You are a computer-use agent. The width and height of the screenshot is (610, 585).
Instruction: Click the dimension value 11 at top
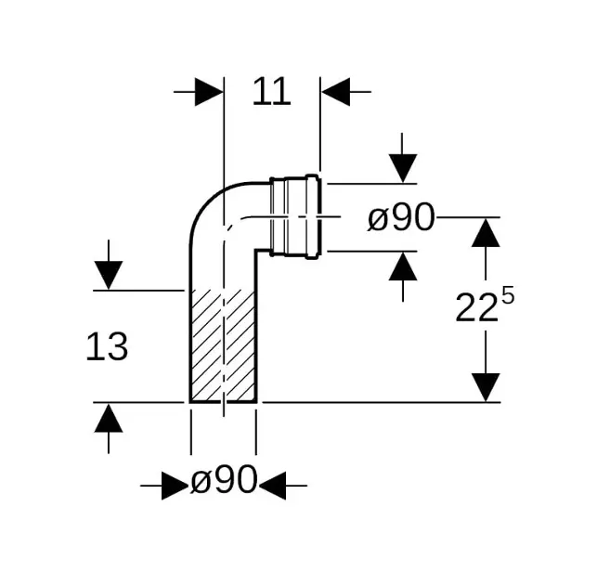(271, 92)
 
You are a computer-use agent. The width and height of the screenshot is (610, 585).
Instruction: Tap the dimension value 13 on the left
(107, 346)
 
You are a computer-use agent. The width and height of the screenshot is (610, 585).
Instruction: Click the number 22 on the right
(477, 307)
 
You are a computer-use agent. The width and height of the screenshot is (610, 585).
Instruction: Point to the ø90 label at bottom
(224, 479)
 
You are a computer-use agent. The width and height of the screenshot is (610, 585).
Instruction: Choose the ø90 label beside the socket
(401, 217)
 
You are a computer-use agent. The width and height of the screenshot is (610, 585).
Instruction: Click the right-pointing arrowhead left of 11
(209, 92)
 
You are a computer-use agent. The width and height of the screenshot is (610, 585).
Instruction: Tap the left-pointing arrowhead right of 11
(336, 92)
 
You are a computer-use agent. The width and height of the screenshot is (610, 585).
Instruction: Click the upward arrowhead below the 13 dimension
(109, 418)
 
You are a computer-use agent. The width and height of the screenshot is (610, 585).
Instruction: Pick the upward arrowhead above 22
(486, 232)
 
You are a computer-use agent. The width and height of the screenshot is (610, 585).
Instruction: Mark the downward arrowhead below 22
(486, 387)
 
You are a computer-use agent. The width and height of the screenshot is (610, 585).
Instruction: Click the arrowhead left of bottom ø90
(175, 486)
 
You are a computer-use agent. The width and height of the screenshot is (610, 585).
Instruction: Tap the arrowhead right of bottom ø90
(273, 486)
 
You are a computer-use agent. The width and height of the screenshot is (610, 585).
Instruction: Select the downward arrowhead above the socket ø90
(403, 168)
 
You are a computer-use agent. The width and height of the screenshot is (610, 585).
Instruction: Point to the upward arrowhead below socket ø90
(403, 266)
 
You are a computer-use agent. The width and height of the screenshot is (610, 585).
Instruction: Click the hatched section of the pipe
(224, 346)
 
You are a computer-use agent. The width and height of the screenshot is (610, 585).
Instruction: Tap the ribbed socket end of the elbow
(295, 216)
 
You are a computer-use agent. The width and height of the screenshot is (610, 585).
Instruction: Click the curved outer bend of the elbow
(210, 201)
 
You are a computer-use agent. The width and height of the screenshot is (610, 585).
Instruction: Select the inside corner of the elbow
(255, 251)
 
